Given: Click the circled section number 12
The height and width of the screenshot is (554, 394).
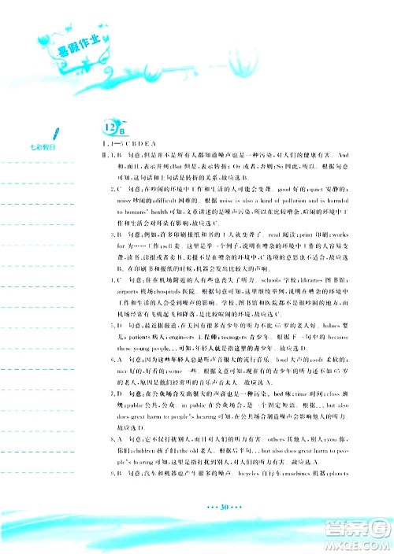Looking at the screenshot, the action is [110, 125].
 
